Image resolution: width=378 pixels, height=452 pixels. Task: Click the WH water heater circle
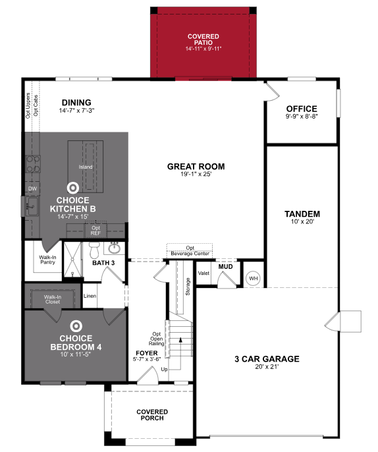254,278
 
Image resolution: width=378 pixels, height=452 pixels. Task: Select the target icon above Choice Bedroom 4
76,325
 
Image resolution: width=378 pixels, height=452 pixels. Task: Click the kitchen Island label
86,167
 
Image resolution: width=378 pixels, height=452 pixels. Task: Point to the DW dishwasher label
32,189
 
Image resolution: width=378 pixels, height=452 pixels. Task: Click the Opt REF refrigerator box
95,231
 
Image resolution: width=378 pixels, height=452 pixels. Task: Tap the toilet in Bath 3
94,251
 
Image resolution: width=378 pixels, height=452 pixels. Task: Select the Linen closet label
90,296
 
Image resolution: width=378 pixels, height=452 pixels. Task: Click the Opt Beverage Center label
190,250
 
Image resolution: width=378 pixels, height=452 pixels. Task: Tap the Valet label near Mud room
204,273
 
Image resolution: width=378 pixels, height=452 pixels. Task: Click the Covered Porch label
151,414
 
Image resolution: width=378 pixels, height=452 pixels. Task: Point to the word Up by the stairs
164,370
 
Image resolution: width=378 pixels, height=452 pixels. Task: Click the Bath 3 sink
115,249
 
